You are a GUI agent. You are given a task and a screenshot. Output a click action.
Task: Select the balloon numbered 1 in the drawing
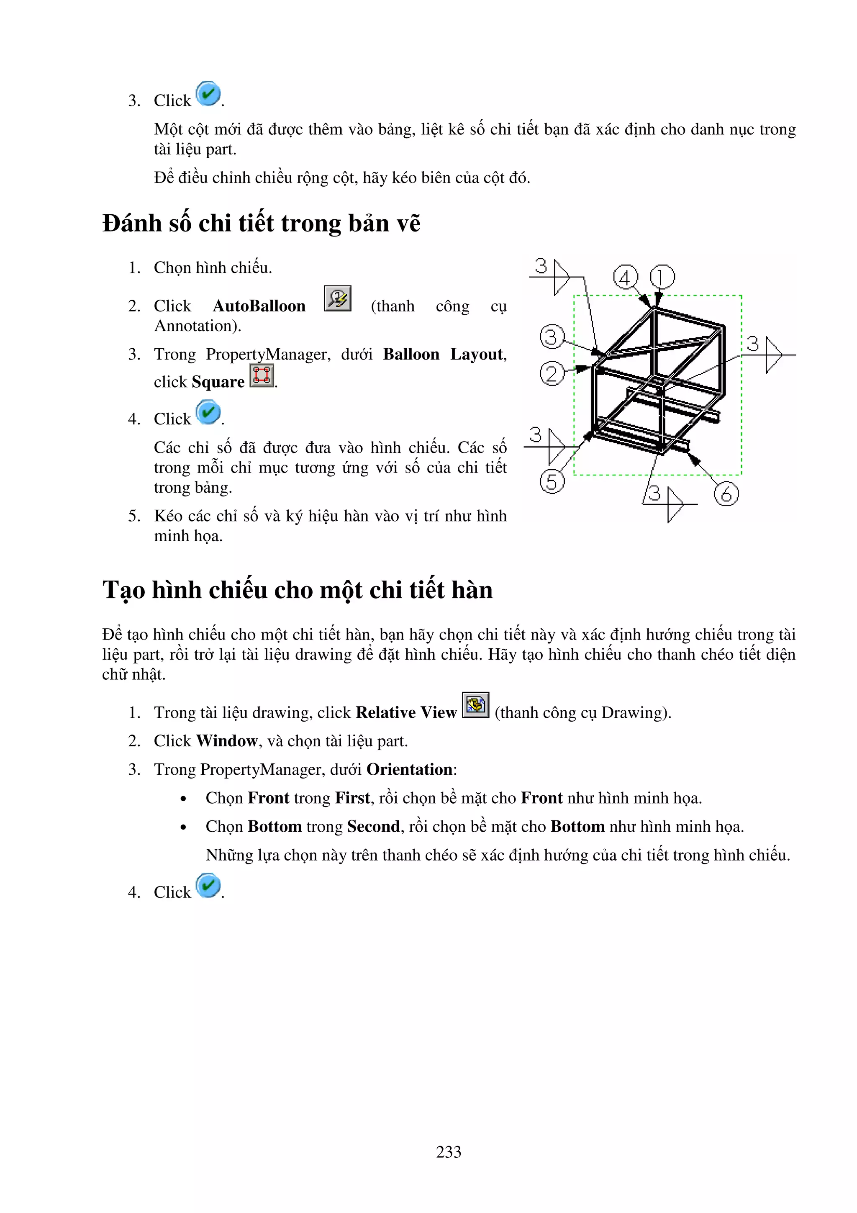click(662, 277)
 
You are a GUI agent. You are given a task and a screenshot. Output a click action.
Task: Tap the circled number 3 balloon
click(552, 337)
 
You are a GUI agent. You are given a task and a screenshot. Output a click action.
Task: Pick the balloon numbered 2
click(552, 374)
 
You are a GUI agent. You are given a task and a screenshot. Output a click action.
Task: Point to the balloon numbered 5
click(552, 482)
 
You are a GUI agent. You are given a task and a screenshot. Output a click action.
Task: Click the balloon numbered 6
click(726, 494)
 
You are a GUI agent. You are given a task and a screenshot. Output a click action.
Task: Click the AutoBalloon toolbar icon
click(337, 298)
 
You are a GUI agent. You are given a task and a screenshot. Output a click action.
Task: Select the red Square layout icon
click(262, 375)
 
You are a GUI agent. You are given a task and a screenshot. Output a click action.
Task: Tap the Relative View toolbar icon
click(475, 705)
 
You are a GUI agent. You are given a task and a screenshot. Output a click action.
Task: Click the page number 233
click(448, 1152)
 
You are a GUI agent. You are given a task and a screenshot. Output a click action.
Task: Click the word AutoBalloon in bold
click(259, 306)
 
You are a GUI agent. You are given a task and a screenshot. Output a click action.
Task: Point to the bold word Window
click(226, 741)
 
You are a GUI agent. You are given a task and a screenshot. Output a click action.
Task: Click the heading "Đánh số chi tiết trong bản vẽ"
click(262, 223)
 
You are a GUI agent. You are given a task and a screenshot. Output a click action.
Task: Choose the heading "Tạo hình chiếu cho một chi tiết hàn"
click(297, 590)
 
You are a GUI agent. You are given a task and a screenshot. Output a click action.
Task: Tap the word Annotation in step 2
click(196, 326)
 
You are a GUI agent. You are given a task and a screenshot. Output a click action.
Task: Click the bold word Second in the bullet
click(373, 826)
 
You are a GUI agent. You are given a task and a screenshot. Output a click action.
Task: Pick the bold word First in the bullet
click(352, 798)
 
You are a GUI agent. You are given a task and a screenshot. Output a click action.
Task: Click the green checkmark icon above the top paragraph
click(208, 94)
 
